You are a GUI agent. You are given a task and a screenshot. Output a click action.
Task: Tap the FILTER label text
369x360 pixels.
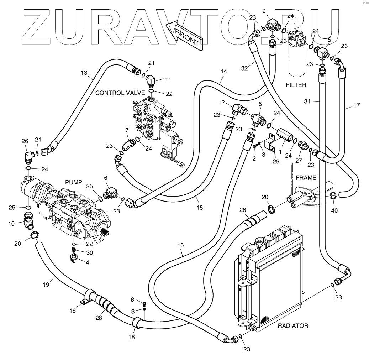(296, 85)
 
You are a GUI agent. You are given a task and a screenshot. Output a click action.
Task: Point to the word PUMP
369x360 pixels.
(74, 182)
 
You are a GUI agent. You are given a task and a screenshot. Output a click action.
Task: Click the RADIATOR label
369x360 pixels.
(293, 325)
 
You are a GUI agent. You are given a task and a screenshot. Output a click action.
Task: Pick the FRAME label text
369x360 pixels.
(306, 177)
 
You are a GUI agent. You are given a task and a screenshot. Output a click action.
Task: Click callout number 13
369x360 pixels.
(84, 73)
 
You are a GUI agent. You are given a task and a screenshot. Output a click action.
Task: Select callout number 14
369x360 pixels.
(223, 71)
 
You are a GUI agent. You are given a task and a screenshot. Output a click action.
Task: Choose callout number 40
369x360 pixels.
(334, 210)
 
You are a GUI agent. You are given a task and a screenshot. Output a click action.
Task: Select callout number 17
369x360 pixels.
(356, 105)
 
